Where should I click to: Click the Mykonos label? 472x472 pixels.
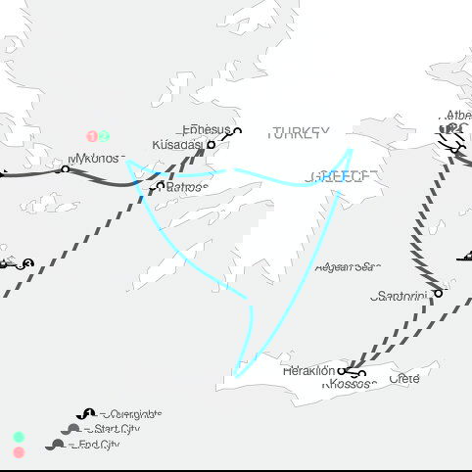click(x=95, y=158)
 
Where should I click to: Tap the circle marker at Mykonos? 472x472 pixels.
click(x=66, y=169)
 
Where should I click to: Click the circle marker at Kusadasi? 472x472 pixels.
click(x=211, y=144)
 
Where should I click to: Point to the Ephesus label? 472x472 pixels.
click(x=207, y=129)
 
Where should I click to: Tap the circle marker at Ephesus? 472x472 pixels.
click(x=237, y=131)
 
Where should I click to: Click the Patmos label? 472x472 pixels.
click(x=186, y=185)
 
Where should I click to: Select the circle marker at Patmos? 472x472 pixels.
click(x=160, y=184)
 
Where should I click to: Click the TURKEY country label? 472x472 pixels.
click(x=300, y=133)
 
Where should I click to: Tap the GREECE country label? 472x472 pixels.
click(x=341, y=177)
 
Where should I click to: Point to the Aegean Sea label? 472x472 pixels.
click(x=348, y=266)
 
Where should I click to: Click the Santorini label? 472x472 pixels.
click(x=401, y=295)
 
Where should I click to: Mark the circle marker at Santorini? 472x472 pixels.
click(x=439, y=292)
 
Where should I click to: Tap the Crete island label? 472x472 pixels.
click(x=403, y=378)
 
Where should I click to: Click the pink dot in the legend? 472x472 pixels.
click(x=19, y=451)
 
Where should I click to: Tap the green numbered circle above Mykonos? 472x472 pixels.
click(x=104, y=136)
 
